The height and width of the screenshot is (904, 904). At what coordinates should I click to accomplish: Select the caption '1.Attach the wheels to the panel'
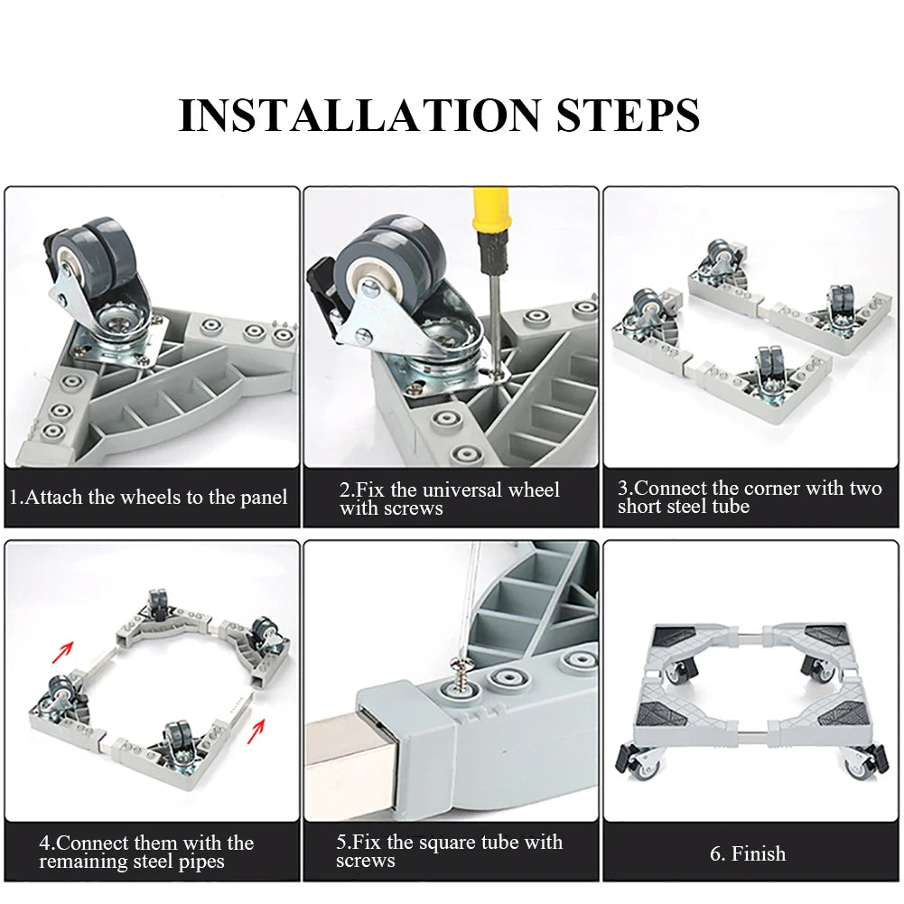(149, 497)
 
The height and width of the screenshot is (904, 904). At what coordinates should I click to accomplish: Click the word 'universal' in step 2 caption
(468, 490)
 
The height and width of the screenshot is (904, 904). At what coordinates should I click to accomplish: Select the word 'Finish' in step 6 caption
(759, 853)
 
